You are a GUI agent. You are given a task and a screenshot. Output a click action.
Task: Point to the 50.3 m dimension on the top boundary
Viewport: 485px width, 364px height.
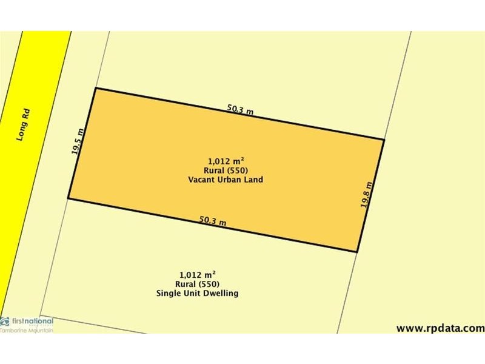click(240, 110)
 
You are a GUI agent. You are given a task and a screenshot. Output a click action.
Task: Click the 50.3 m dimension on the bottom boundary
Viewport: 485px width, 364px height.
click(213, 221)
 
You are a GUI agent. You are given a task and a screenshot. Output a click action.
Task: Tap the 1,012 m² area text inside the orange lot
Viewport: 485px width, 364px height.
click(226, 161)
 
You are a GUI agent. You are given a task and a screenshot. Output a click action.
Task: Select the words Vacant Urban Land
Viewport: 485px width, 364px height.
click(226, 180)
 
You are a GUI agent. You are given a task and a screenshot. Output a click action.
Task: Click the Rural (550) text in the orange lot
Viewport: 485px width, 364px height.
click(226, 170)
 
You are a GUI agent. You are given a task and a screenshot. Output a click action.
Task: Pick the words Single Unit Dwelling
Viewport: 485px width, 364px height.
click(197, 294)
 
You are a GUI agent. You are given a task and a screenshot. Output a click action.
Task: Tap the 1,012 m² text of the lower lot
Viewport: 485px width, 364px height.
click(198, 274)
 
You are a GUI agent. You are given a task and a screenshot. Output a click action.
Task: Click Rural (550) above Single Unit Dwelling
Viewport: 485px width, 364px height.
click(198, 284)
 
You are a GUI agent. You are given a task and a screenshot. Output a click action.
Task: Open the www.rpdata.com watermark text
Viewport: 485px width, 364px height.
click(440, 328)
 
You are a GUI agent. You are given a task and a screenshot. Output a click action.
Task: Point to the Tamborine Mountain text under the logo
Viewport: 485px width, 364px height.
click(27, 329)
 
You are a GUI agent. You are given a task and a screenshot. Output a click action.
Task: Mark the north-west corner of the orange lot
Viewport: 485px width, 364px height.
click(96, 89)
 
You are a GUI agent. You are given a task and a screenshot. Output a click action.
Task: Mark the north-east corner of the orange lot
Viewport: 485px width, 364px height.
click(384, 140)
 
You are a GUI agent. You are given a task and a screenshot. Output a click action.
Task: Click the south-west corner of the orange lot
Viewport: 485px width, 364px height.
click(68, 198)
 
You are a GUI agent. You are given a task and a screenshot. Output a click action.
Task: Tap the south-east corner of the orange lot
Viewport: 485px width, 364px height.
click(356, 252)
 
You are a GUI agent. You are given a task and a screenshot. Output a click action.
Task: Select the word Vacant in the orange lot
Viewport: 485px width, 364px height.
click(201, 180)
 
